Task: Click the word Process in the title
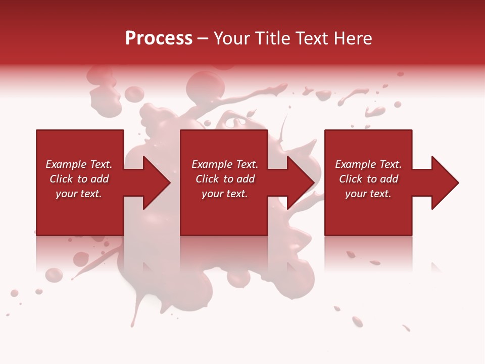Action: coord(159,38)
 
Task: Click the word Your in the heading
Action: coord(232,38)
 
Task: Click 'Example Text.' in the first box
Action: coord(79,164)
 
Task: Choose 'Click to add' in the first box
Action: coord(79,179)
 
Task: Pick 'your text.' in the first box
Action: coord(79,194)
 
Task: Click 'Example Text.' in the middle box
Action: coord(225,164)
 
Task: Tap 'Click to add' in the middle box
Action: coord(225,179)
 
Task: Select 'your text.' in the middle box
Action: coord(225,194)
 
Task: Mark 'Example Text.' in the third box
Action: coord(368,164)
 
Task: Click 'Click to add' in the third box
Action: coord(368,179)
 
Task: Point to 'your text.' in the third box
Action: coord(368,194)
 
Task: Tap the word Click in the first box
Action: coord(61,179)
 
